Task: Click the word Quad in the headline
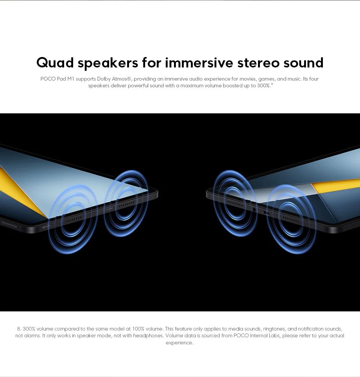click(55, 63)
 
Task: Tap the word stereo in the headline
click(258, 63)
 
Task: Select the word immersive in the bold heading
click(199, 63)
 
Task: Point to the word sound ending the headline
click(303, 63)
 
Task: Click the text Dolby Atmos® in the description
click(114, 79)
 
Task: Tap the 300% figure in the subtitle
click(264, 85)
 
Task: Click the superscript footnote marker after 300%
click(272, 84)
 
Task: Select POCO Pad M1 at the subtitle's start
click(57, 79)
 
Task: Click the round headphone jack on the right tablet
click(254, 209)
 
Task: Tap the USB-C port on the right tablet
click(266, 213)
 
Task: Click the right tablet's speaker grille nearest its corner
click(235, 203)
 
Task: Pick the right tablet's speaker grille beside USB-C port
click(291, 220)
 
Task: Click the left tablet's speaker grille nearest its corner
click(127, 204)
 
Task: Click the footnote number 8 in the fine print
click(19, 329)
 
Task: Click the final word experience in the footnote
click(180, 343)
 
